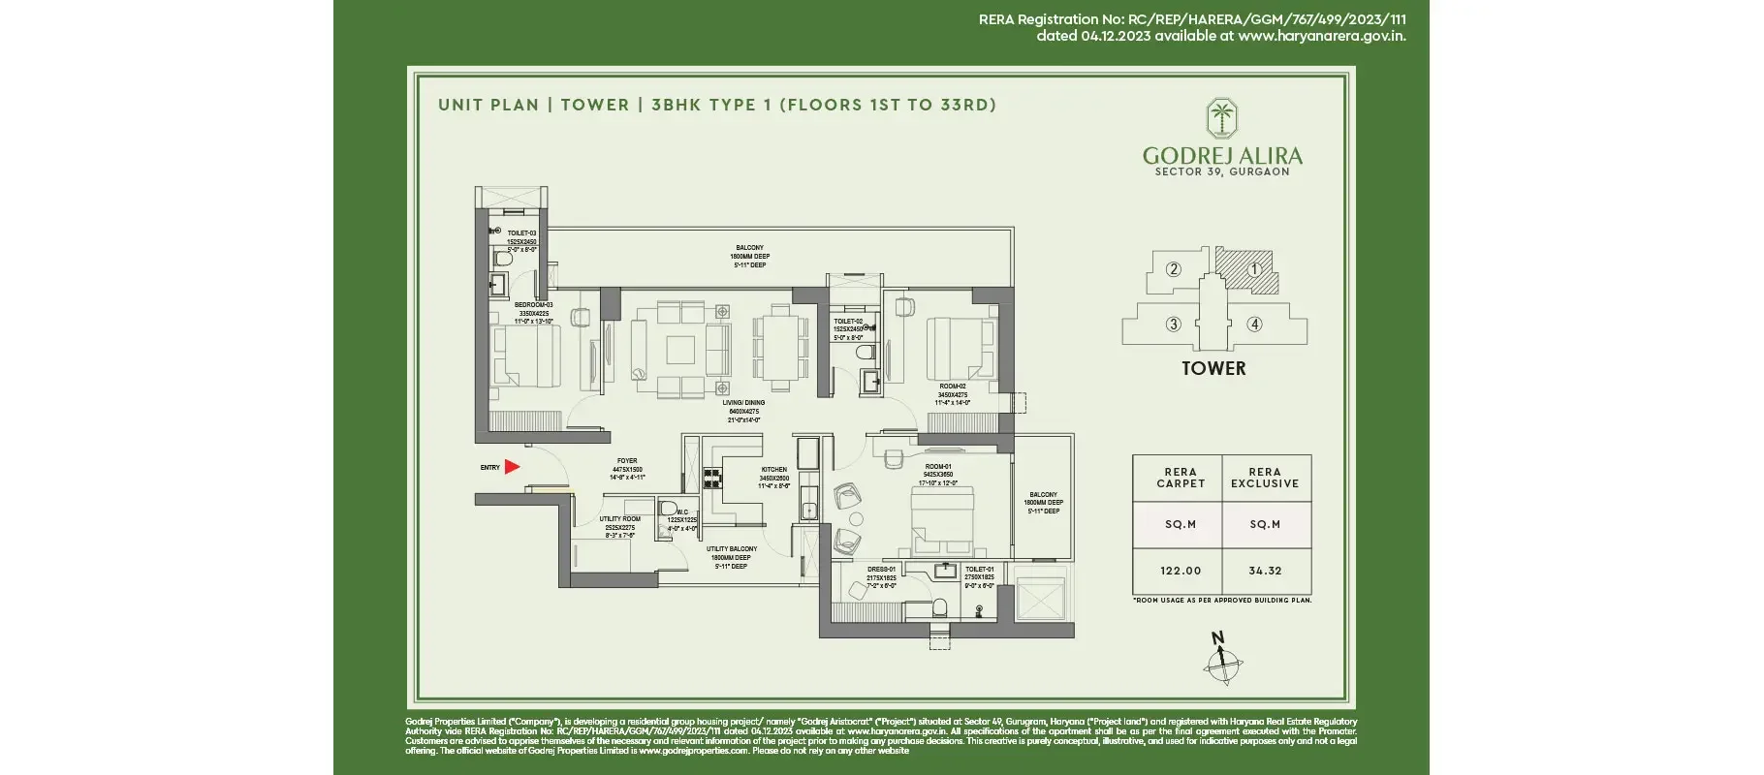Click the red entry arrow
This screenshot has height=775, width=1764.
click(512, 467)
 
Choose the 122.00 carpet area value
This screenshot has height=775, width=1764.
click(1180, 572)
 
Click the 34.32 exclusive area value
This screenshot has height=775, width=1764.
click(1265, 572)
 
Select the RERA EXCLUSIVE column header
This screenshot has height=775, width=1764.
click(1265, 478)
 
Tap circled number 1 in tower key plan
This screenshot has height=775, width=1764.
click(1254, 269)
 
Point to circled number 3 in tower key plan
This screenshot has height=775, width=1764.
click(1173, 325)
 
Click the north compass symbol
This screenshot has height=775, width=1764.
click(1223, 663)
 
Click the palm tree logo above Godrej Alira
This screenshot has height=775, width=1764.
click(1221, 118)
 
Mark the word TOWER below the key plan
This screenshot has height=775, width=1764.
click(1213, 369)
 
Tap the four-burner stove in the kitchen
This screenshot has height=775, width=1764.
click(713, 477)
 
